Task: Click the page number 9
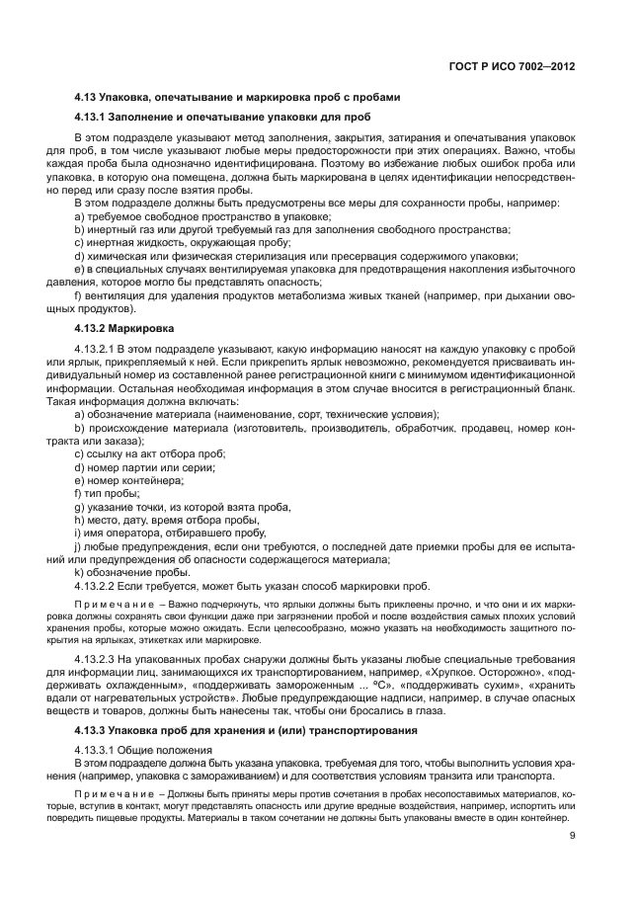pyautogui.click(x=573, y=837)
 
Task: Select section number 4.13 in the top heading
pyautogui.click(x=86, y=97)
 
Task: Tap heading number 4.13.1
pyautogui.click(x=92, y=117)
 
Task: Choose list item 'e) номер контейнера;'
pyautogui.click(x=128, y=479)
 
